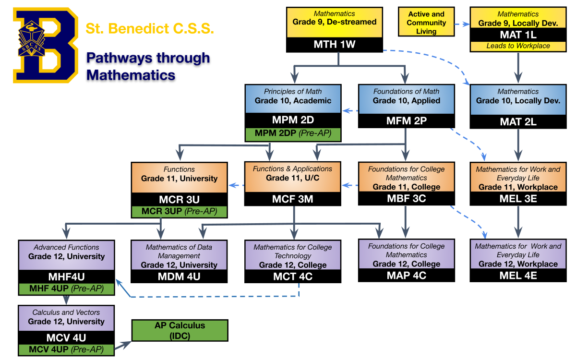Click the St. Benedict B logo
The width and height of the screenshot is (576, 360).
pyautogui.click(x=45, y=46)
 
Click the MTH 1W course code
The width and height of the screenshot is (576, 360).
pyautogui.click(x=335, y=45)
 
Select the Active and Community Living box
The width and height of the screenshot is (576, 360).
pyautogui.click(x=426, y=23)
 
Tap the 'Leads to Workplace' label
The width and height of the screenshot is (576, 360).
pyautogui.click(x=518, y=46)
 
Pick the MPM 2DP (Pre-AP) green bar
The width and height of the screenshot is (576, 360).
pyautogui.click(x=293, y=133)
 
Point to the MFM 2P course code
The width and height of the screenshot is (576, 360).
pyautogui.click(x=406, y=121)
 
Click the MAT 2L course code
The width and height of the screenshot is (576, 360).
pyautogui.click(x=518, y=121)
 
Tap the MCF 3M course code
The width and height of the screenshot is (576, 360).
pyautogui.click(x=293, y=199)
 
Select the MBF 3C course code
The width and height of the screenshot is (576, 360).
pyautogui.click(x=406, y=198)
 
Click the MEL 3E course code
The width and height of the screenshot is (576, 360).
pyautogui.click(x=518, y=198)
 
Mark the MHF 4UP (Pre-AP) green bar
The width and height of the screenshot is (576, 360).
pyautogui.click(x=66, y=289)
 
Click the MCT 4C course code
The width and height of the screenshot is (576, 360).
pyautogui.click(x=293, y=276)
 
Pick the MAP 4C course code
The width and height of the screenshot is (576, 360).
pyautogui.click(x=406, y=275)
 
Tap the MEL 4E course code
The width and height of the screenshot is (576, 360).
pyautogui.click(x=518, y=276)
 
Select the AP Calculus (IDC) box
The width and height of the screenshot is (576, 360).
pyautogui.click(x=180, y=330)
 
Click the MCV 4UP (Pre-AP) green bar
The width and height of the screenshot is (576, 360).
pyautogui.click(x=66, y=349)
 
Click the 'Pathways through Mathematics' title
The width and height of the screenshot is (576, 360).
pyautogui.click(x=148, y=66)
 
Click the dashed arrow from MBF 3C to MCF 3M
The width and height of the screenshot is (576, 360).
pyautogui.click(x=350, y=185)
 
